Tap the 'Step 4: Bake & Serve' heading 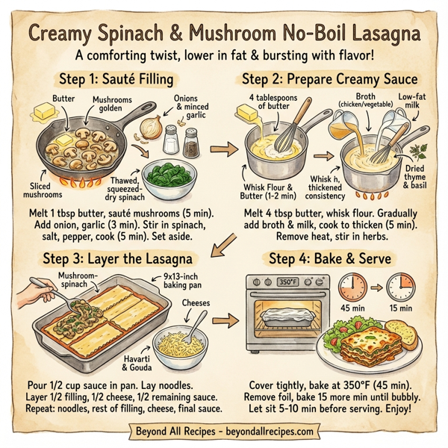[333, 258]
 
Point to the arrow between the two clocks [376, 287]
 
